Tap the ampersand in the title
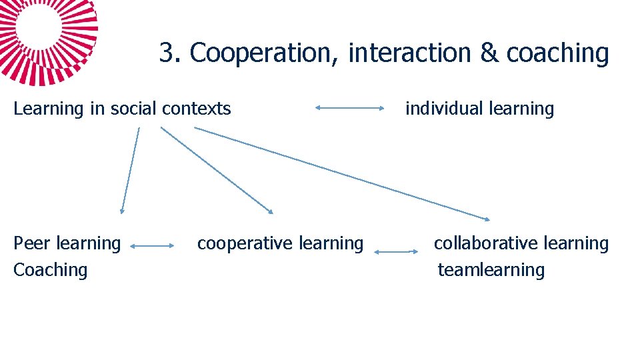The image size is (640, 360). (x=489, y=53)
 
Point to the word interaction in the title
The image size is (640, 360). (x=409, y=53)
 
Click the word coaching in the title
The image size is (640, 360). (x=557, y=53)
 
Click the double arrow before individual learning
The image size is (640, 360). (x=349, y=107)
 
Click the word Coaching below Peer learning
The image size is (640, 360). (x=51, y=270)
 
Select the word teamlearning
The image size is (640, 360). (x=491, y=270)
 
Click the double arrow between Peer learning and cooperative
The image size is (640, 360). (x=151, y=246)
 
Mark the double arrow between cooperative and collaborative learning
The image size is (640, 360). (x=396, y=251)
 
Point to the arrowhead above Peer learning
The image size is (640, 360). (x=121, y=210)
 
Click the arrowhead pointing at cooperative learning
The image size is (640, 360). (x=270, y=211)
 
